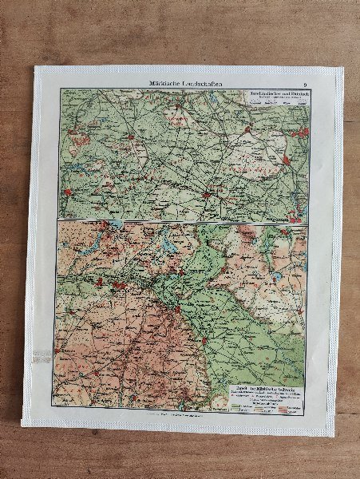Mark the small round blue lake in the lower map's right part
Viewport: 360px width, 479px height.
pos(276,275)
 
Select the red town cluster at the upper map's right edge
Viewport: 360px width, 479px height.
pos(301,133)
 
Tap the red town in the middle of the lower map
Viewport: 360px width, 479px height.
pos(174,303)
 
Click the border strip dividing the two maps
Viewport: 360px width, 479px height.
pos(182,222)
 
